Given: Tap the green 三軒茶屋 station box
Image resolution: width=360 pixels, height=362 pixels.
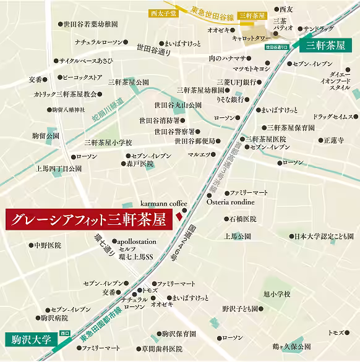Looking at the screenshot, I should click(328, 45).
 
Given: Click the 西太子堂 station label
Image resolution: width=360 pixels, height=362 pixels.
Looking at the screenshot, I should click(163, 12).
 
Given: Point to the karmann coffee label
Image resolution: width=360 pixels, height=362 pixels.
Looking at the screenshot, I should click(163, 202).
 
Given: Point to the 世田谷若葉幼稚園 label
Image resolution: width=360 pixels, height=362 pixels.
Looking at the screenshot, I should click(91, 25).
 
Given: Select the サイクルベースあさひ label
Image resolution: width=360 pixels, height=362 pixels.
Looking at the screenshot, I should click(86, 62).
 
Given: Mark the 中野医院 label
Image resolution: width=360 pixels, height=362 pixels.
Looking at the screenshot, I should click(48, 245).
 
